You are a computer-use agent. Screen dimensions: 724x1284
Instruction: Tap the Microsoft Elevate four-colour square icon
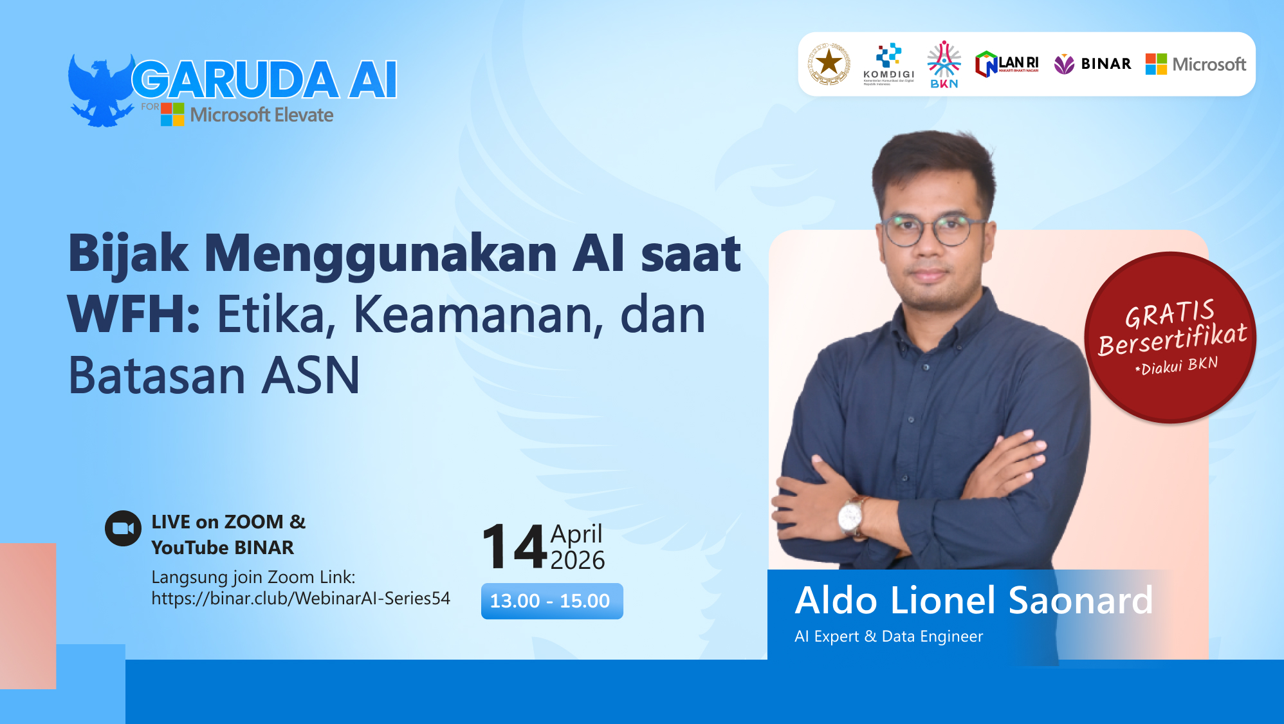click(x=172, y=115)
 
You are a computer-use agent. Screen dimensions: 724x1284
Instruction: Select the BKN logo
click(x=944, y=64)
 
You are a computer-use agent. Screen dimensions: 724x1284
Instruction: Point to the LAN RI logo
click(x=1007, y=64)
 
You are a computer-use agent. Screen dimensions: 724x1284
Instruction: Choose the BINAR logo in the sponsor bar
click(x=1092, y=64)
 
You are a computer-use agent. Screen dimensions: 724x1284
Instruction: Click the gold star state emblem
click(x=829, y=64)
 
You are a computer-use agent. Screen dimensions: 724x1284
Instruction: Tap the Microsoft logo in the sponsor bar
click(x=1196, y=64)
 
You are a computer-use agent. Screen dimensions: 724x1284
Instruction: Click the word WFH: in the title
click(x=134, y=315)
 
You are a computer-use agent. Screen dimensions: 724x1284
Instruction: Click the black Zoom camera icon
click(x=123, y=528)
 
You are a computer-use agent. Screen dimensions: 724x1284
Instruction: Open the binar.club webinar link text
click(x=300, y=599)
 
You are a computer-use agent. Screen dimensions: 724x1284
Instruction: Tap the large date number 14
click(x=514, y=547)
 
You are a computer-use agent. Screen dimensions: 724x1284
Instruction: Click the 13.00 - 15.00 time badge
click(x=551, y=601)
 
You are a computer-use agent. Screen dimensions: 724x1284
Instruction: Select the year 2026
click(x=577, y=561)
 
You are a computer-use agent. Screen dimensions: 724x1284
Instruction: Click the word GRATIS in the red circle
click(x=1169, y=313)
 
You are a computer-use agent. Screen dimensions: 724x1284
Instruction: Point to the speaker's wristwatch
click(x=850, y=515)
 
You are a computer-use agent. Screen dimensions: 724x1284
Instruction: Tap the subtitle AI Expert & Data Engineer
click(x=888, y=636)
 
